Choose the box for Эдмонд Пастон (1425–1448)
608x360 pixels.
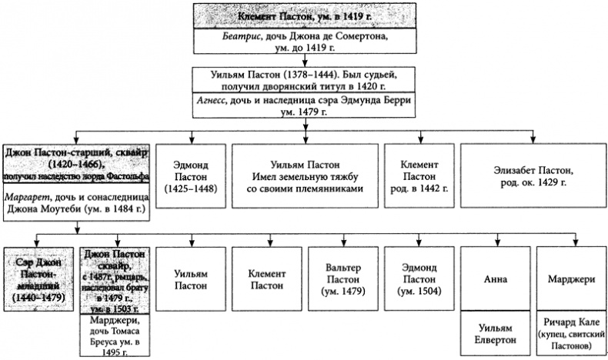190,175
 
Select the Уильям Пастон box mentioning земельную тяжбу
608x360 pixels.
305,175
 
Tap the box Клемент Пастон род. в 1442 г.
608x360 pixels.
420,175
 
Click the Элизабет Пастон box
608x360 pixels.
533,175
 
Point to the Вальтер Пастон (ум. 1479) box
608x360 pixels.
342,278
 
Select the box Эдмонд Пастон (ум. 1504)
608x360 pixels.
419,278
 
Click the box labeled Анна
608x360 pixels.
494,278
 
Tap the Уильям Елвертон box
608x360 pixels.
494,330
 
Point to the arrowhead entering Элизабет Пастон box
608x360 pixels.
533,139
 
